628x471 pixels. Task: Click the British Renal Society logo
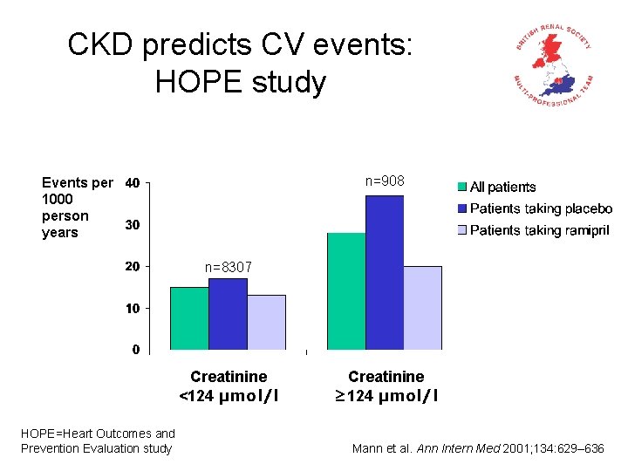(x=553, y=66)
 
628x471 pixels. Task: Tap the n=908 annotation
(x=384, y=181)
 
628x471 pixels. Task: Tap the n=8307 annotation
(x=228, y=268)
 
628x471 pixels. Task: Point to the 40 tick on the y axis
(x=132, y=183)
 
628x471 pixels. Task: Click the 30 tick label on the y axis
(x=132, y=225)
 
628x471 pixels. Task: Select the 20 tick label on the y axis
(x=132, y=266)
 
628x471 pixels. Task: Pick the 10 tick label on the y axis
(x=132, y=308)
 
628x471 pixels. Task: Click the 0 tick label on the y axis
(x=135, y=350)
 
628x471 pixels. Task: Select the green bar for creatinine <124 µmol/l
(x=189, y=318)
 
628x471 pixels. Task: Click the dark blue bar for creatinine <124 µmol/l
(x=228, y=314)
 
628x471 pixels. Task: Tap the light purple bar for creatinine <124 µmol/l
(x=266, y=322)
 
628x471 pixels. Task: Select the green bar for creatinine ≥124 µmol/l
(x=345, y=291)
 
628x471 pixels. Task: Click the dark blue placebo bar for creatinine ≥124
(x=384, y=272)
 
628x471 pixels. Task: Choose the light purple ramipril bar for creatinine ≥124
(x=422, y=308)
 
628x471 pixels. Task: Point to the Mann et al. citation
(x=477, y=448)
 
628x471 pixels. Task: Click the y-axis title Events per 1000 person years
(x=77, y=208)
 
